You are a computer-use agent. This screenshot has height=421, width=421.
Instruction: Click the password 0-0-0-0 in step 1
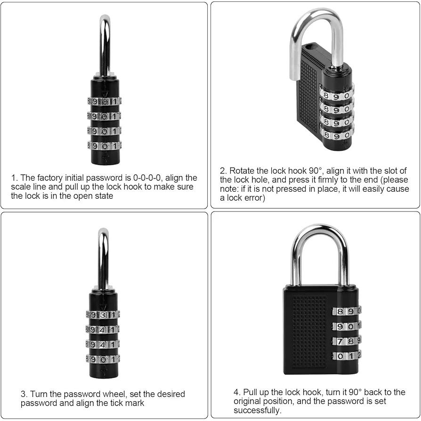click(147, 178)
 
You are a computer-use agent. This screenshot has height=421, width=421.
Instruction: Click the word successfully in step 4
click(257, 410)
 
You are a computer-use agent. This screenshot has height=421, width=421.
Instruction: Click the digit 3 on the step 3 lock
click(103, 315)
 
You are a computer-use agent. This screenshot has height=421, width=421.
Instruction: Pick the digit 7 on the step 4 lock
click(340, 341)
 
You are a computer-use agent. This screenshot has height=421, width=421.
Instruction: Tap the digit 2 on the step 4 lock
click(359, 356)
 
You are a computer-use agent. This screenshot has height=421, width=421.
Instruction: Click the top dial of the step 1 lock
click(104, 101)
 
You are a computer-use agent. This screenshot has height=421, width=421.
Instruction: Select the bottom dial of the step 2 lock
click(336, 134)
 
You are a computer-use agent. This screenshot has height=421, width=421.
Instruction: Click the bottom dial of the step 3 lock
click(103, 359)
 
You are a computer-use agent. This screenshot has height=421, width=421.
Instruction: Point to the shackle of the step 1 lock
click(105, 46)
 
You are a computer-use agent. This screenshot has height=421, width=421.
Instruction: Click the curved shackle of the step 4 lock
click(320, 231)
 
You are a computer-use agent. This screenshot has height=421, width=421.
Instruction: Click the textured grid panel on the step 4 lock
click(309, 332)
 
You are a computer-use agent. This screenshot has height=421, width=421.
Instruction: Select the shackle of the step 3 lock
click(104, 259)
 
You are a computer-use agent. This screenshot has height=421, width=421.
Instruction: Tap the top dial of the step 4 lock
click(346, 311)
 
